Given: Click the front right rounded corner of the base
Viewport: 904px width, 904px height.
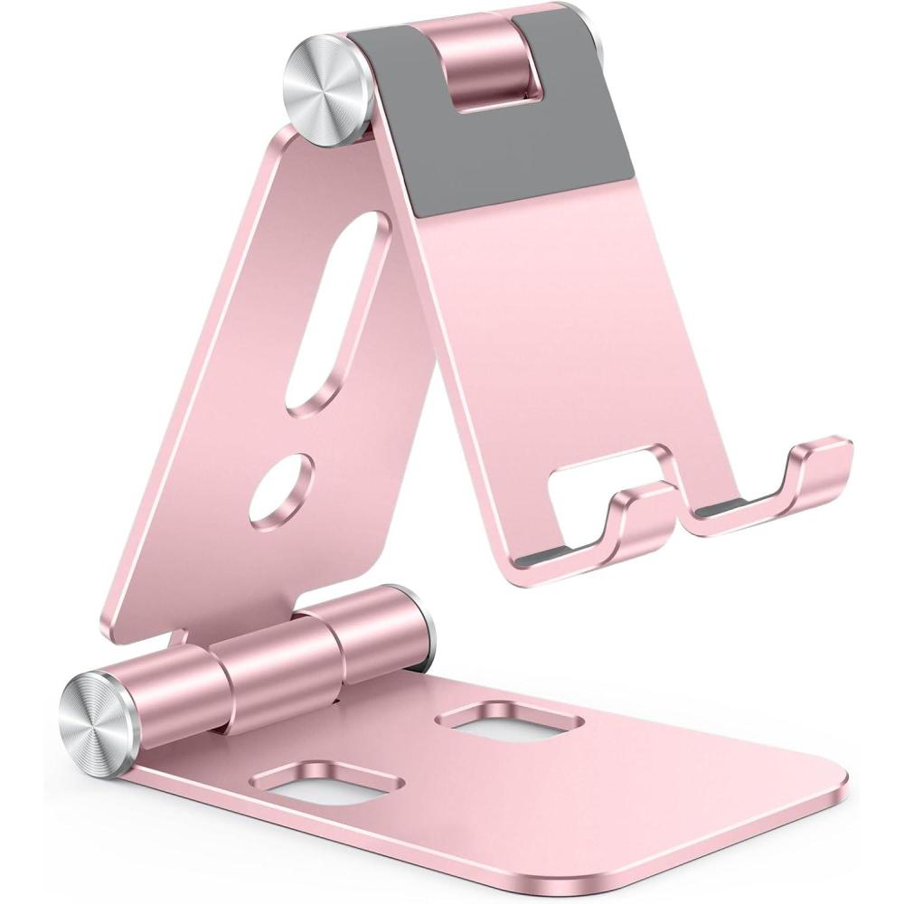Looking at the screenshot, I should [827, 796].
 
